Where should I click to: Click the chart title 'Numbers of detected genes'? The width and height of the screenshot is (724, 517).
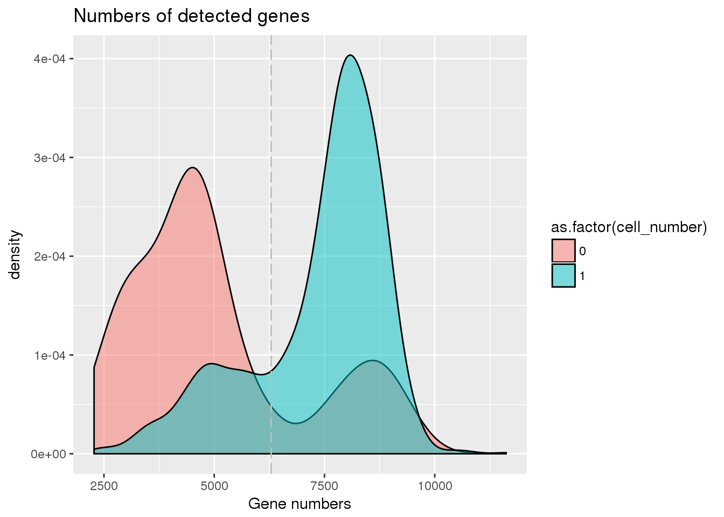191,16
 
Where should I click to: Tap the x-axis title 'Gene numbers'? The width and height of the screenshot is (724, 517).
300,504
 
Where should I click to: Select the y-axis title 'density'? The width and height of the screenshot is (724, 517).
15,255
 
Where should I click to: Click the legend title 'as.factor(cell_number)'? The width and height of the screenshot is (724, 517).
629,227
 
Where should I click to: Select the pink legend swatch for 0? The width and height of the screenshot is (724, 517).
563,251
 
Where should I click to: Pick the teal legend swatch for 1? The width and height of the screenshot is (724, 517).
563,276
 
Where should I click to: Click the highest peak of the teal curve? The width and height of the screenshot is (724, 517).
350,55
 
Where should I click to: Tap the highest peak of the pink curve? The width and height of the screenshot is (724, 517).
192,167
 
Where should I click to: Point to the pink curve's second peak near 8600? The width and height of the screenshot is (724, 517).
372,360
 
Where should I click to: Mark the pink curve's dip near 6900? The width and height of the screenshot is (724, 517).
296,423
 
